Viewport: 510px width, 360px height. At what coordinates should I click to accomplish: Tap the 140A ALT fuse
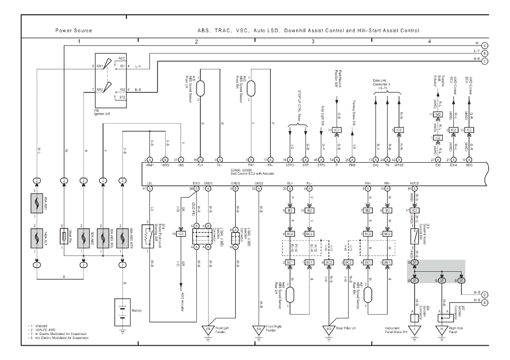37,238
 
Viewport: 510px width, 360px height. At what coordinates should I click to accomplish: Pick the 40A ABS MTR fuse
123,238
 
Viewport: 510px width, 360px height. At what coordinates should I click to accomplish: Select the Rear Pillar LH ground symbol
329,329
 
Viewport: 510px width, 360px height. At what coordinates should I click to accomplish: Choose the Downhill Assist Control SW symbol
415,235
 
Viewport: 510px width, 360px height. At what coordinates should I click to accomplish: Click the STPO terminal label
290,165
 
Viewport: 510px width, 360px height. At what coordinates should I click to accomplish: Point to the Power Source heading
73,31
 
